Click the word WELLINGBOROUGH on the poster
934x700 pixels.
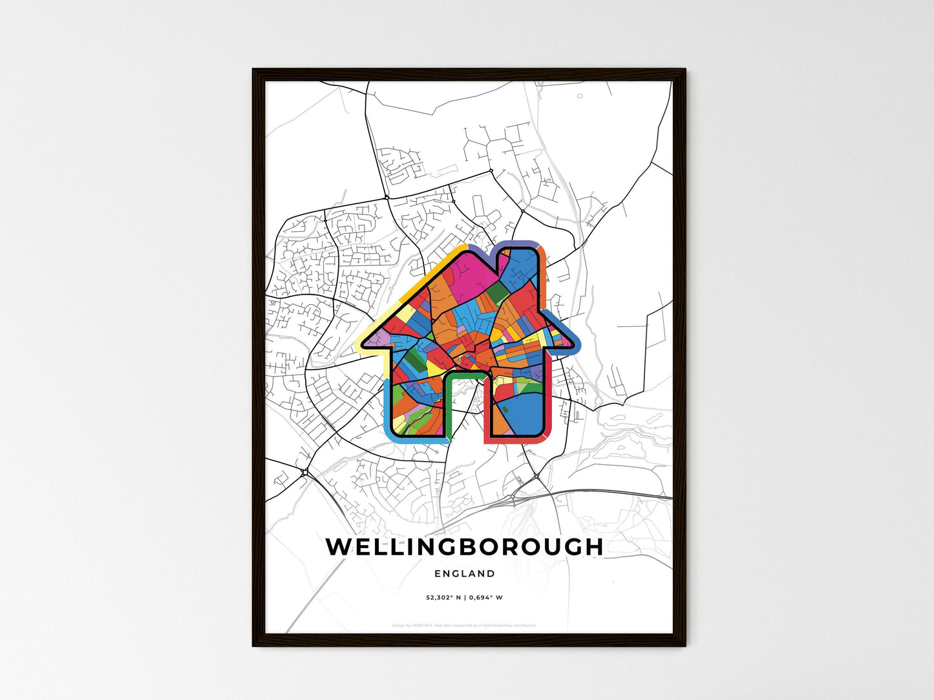pos(464,547)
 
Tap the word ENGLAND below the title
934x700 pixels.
pos(465,573)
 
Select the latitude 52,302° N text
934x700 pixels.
pos(443,597)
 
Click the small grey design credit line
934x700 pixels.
pos(464,625)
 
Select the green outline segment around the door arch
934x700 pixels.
pos(462,374)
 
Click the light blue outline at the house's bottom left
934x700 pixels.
pos(388,413)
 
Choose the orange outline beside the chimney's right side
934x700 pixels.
pos(545,278)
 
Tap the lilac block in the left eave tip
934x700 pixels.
pos(381,337)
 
